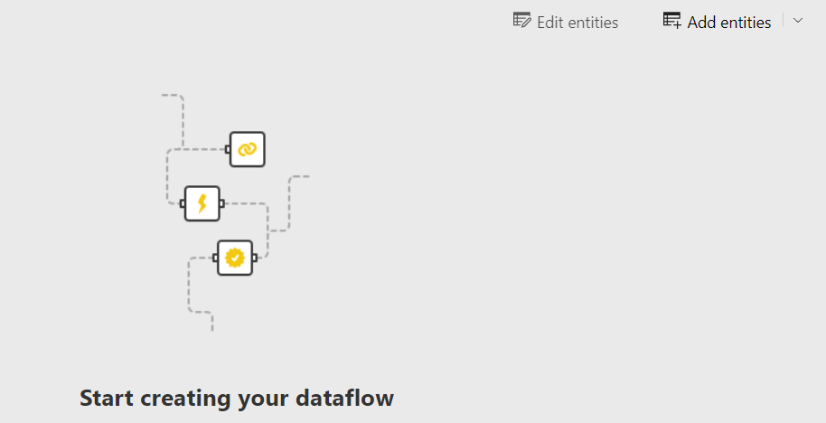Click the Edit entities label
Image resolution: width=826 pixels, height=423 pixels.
click(577, 23)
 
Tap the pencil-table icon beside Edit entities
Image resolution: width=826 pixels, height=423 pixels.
click(521, 21)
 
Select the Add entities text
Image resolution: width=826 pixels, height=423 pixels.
click(729, 23)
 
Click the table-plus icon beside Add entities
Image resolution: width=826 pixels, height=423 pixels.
click(672, 21)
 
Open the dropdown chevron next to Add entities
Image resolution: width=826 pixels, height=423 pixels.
click(798, 21)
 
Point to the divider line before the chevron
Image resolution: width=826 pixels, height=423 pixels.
click(784, 21)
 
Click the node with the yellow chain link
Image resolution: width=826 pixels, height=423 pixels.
click(248, 149)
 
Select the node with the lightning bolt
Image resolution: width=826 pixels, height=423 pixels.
click(202, 203)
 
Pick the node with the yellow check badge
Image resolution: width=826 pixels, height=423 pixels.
click(235, 258)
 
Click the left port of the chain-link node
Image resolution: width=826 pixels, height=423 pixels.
click(228, 149)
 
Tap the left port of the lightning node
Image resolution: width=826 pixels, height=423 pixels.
click(183, 203)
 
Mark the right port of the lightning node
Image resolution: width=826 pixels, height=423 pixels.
click(222, 203)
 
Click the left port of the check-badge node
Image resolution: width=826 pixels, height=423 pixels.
click(215, 258)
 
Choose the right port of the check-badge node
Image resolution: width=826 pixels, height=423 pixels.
click(255, 258)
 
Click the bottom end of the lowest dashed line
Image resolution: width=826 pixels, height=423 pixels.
click(212, 330)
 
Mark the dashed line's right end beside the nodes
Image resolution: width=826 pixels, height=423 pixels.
click(308, 176)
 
